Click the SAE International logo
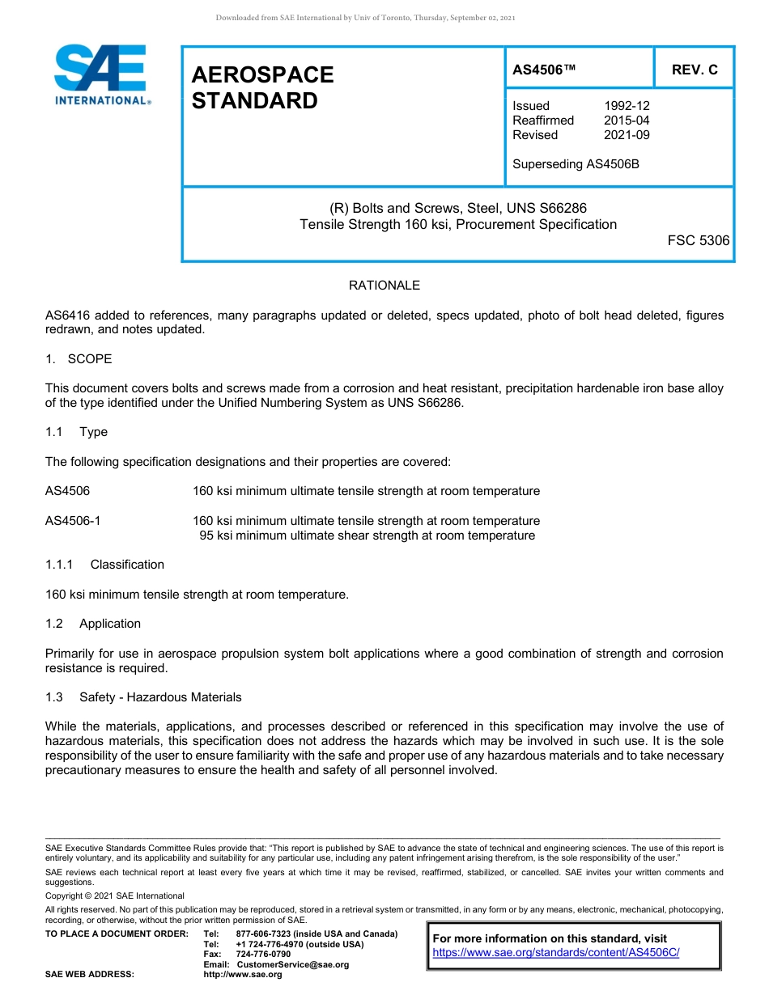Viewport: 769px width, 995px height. pyautogui.click(x=101, y=74)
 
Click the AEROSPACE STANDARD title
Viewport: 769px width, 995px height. pyautogui.click(x=262, y=87)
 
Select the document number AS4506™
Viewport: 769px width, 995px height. pyautogui.click(x=544, y=70)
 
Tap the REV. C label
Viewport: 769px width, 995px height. pyautogui.click(x=694, y=70)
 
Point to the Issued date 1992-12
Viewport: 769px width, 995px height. pyautogui.click(x=627, y=106)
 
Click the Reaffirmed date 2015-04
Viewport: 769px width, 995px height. pyautogui.click(x=627, y=121)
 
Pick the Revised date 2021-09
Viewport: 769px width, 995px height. pyautogui.click(x=627, y=135)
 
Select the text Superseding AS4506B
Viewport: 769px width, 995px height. pyautogui.click(x=576, y=164)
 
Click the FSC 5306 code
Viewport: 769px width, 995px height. pyautogui.click(x=698, y=240)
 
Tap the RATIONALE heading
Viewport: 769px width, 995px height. pyautogui.click(x=384, y=286)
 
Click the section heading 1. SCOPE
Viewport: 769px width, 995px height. pyautogui.click(x=79, y=358)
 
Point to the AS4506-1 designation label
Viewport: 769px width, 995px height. pyautogui.click(x=73, y=521)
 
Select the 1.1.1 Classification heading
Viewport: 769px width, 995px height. pyautogui.click(x=104, y=565)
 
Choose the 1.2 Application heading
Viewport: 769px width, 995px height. pyautogui.click(x=93, y=624)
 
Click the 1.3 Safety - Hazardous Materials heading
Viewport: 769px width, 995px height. pyautogui.click(x=143, y=697)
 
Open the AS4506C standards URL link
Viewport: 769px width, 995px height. pyautogui.click(x=556, y=953)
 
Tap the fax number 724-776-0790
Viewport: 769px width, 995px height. pyautogui.click(x=263, y=955)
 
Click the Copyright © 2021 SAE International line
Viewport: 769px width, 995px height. pyautogui.click(x=115, y=895)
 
